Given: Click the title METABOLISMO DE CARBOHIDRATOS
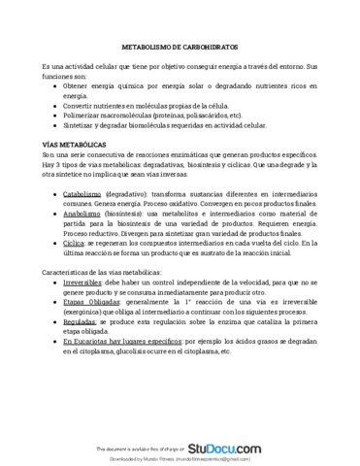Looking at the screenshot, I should (180, 46).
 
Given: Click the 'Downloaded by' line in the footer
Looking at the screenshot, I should (180, 459).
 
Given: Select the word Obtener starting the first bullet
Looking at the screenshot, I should (78, 84).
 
